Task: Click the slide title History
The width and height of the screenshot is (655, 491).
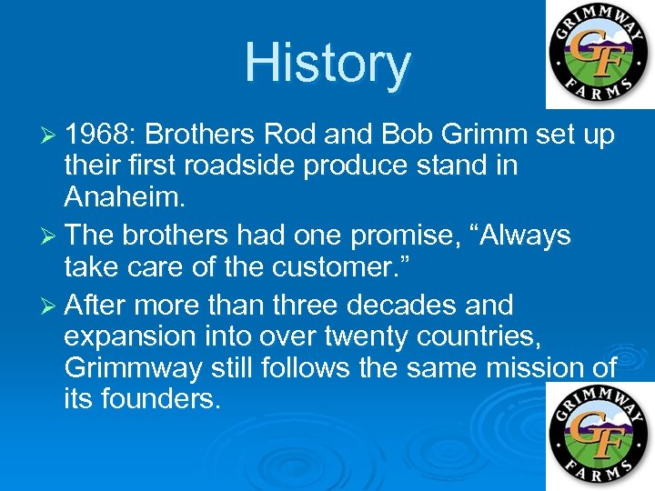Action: pyautogui.click(x=327, y=64)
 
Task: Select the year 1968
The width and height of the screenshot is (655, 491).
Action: pyautogui.click(x=99, y=135)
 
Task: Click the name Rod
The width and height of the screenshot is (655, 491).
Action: pyautogui.click(x=287, y=135)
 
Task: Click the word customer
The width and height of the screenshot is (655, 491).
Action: pyautogui.click(x=331, y=268)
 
